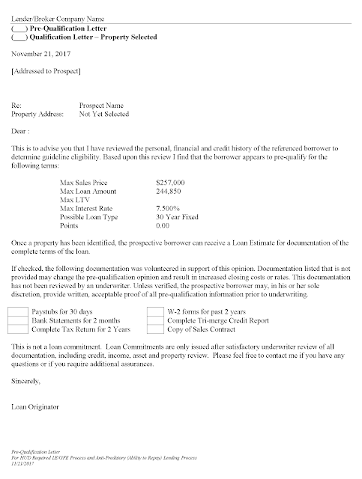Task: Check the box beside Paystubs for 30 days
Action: [17, 310]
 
